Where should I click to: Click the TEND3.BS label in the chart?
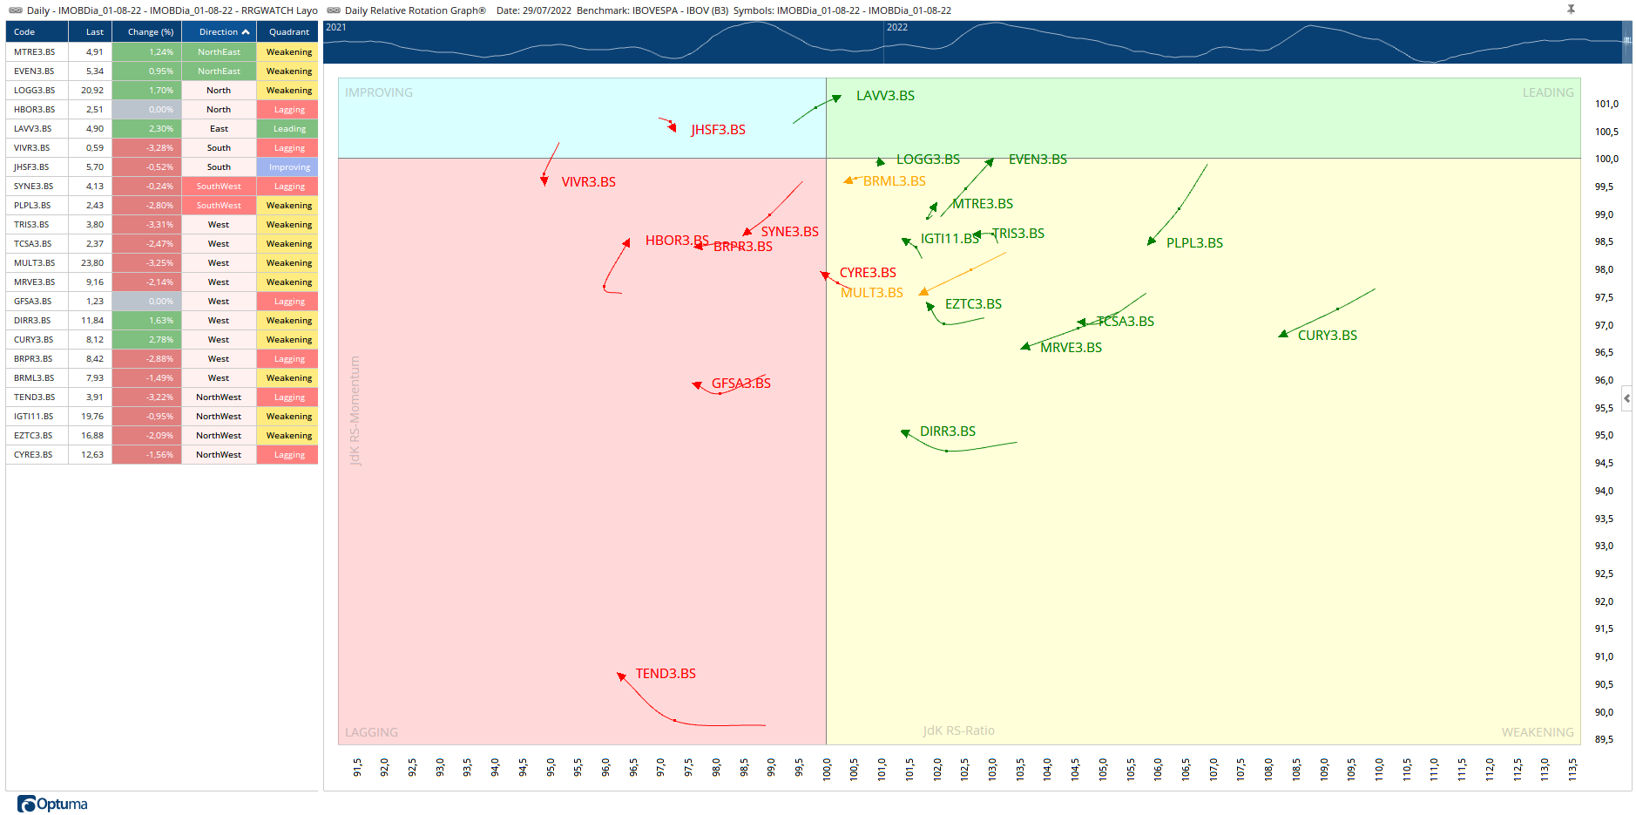pyautogui.click(x=666, y=674)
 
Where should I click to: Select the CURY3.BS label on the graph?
pyautogui.click(x=1327, y=336)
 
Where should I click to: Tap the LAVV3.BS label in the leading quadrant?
pyautogui.click(x=885, y=96)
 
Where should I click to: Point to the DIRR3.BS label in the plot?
pyautogui.click(x=948, y=431)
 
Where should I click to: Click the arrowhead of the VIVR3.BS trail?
pyautogui.click(x=544, y=180)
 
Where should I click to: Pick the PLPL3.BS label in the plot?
pyautogui.click(x=1194, y=243)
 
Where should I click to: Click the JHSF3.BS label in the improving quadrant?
pyautogui.click(x=718, y=130)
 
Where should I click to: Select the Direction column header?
pyautogui.click(x=219, y=32)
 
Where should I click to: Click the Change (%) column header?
pyautogui.click(x=150, y=32)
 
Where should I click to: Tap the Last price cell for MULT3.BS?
pyautogui.click(x=92, y=263)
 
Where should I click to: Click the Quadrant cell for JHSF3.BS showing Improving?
pyautogui.click(x=289, y=167)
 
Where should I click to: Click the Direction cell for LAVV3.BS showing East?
pyautogui.click(x=219, y=129)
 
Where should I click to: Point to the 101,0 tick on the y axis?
pyautogui.click(x=1606, y=104)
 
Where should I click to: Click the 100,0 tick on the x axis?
pyautogui.click(x=826, y=768)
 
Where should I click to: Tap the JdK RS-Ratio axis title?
pyautogui.click(x=958, y=730)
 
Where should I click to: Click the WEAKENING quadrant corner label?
pyautogui.click(x=1537, y=732)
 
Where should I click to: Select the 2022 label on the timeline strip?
pyautogui.click(x=897, y=27)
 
